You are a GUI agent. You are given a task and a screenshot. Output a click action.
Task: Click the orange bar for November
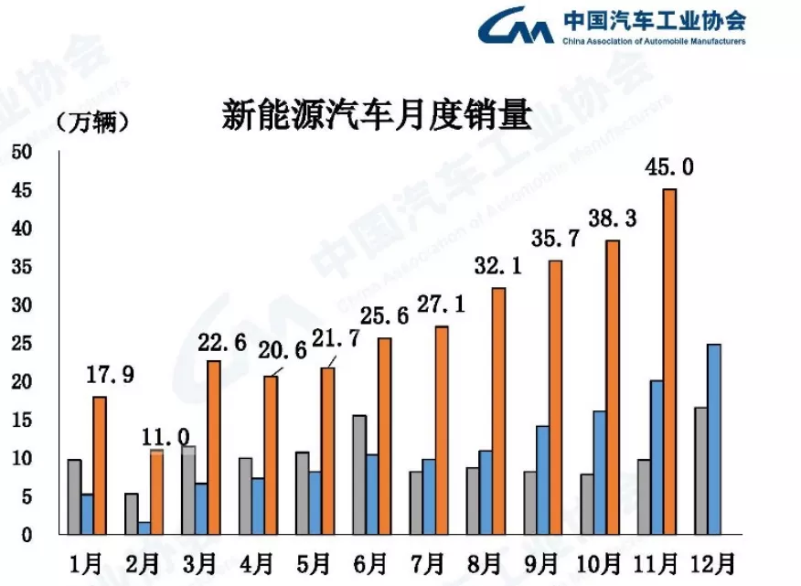click(x=669, y=361)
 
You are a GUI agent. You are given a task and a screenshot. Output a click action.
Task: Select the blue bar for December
click(x=713, y=439)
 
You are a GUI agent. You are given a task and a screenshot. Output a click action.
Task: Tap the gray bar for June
click(x=358, y=474)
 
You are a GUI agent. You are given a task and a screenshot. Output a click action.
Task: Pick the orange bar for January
click(x=100, y=465)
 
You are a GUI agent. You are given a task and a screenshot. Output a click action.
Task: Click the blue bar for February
click(x=144, y=528)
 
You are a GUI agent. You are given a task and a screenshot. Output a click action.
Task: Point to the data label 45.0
click(x=669, y=166)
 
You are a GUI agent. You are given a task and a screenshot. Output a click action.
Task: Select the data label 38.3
click(x=612, y=218)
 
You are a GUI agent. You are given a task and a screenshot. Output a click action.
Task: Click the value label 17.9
click(x=110, y=375)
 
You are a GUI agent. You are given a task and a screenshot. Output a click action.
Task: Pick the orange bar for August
click(x=498, y=411)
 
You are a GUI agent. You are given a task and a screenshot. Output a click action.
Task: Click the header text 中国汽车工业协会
click(x=654, y=20)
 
